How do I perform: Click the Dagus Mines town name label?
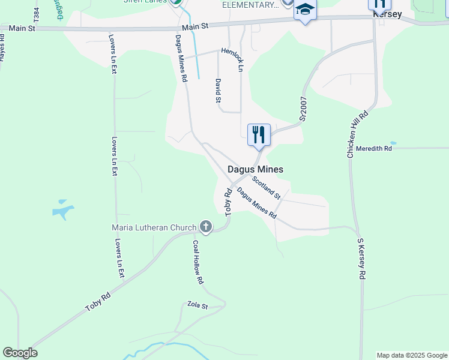coord(255,170)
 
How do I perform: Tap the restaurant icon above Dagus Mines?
coord(259,134)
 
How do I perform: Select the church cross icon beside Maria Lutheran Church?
coord(205,227)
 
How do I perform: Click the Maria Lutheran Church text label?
coord(154,227)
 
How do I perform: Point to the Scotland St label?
coord(266,187)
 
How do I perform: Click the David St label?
coord(218,90)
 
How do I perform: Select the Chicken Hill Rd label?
coord(357,134)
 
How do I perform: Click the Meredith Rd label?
coord(373,148)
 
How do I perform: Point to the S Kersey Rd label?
coord(361,259)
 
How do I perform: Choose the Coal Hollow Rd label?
coord(197,262)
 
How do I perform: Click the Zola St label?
coord(197,305)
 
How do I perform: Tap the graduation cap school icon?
coord(305,10)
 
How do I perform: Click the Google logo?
coord(20,353)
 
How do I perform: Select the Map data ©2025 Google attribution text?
coord(411,355)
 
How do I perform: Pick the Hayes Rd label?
coord(2,47)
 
